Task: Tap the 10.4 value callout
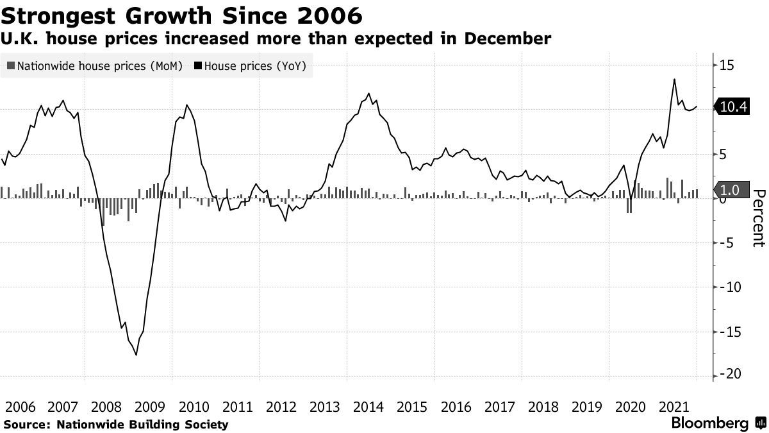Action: coord(734,107)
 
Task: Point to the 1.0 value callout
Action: coord(730,190)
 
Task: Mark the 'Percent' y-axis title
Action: coord(759,218)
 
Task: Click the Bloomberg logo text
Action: coord(709,423)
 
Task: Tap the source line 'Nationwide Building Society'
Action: coord(142,424)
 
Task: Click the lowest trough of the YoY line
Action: coord(136,355)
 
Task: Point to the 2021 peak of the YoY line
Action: coord(674,80)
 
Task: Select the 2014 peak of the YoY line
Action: coord(368,94)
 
